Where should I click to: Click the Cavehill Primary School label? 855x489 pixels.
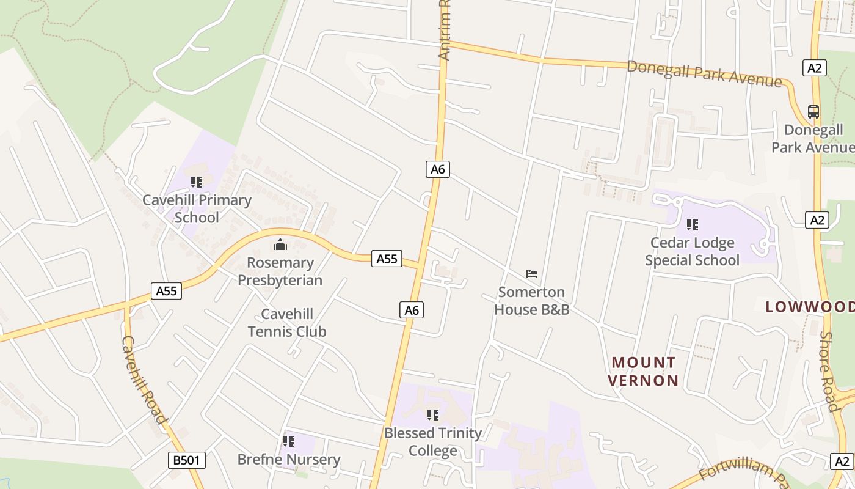(197, 208)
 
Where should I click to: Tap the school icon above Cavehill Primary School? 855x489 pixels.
(197, 182)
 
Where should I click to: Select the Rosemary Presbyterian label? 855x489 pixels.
(280, 271)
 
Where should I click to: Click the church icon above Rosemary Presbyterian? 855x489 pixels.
(280, 245)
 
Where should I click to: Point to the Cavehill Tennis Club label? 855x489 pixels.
(287, 323)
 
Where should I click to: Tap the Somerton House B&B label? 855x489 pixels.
(531, 301)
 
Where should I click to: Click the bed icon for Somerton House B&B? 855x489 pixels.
(532, 273)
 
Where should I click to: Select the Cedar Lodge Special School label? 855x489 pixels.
(692, 251)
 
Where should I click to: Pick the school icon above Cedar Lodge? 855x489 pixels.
(692, 224)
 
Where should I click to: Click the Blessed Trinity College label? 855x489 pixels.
(433, 442)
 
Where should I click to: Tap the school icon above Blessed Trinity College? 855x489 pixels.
(433, 415)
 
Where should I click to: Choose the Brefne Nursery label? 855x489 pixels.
(289, 460)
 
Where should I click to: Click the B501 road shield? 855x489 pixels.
(187, 460)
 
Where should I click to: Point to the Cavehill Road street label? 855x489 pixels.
(145, 380)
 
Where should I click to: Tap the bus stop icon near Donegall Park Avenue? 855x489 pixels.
(813, 112)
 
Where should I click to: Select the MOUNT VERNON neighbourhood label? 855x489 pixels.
(644, 372)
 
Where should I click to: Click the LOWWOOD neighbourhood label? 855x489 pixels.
(810, 307)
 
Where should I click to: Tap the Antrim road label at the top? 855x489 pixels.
(445, 31)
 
